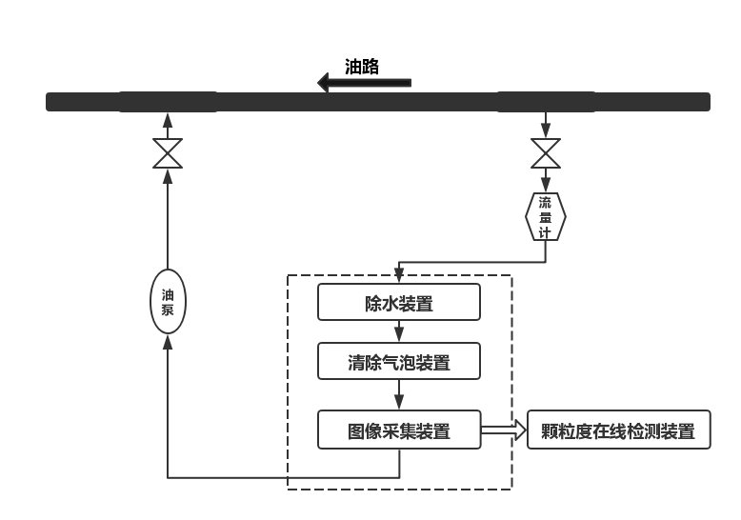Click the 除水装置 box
398,303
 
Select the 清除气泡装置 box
398,362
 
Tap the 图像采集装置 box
398,430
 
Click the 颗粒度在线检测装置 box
618,430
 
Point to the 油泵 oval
168,301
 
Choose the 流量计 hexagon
546,217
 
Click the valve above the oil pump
168,153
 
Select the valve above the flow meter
546,153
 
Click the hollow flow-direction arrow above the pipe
364,83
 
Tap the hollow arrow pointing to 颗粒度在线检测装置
503,430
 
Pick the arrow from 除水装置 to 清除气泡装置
399,331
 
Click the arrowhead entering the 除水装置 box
399,277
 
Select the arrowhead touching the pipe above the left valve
168,119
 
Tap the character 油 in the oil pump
168,293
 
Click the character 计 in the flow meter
546,232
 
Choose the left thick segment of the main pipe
168,102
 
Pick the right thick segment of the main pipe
546,102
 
